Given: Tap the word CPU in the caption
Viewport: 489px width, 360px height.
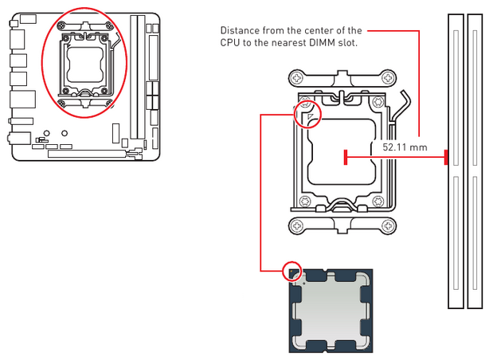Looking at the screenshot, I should tap(230, 43).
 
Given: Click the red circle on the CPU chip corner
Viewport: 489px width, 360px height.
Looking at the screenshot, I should tap(293, 270).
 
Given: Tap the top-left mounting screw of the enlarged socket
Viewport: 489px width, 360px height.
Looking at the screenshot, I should tap(298, 78).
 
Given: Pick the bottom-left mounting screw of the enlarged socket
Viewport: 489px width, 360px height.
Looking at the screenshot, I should tap(298, 225).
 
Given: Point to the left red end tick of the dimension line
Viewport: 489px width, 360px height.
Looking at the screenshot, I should tap(345, 158).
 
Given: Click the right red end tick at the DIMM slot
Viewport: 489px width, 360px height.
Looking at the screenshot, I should tap(445, 158).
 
